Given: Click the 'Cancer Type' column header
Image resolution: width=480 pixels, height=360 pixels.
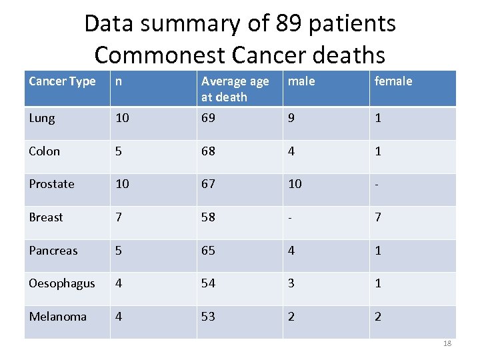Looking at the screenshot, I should coord(62,81).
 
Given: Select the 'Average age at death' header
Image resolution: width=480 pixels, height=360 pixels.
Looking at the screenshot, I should coord(235,89).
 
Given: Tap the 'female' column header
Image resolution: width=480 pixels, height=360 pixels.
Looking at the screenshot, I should coord(393,81).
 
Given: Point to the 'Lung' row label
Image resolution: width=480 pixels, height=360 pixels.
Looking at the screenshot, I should coord(42,119).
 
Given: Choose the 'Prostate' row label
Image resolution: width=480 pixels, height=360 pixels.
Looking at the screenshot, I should coord(51,184).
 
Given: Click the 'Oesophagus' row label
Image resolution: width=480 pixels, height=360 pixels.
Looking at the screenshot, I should coord(62,283).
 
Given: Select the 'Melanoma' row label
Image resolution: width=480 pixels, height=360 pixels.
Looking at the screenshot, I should coord(57,317).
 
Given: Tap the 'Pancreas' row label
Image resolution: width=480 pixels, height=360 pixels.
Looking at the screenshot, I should coord(53,251).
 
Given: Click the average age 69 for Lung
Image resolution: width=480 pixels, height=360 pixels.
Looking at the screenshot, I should coord(209,119).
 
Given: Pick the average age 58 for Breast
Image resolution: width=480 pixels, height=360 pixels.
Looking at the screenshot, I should coord(209,217).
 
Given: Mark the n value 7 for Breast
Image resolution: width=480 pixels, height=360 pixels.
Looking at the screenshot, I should coord(118,217).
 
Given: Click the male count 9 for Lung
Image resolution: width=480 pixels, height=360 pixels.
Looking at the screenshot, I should coord(291,119).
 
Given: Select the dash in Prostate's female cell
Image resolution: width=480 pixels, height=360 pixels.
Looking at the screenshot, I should coord(377,184).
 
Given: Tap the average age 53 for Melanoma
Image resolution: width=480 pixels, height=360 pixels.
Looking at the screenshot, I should coord(209,317).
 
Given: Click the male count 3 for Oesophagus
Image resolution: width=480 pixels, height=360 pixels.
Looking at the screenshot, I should coord(291,283).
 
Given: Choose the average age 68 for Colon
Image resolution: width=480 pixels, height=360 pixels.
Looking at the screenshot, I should coord(209,151).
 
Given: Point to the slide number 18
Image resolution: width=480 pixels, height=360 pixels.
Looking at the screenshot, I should coord(447,343).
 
